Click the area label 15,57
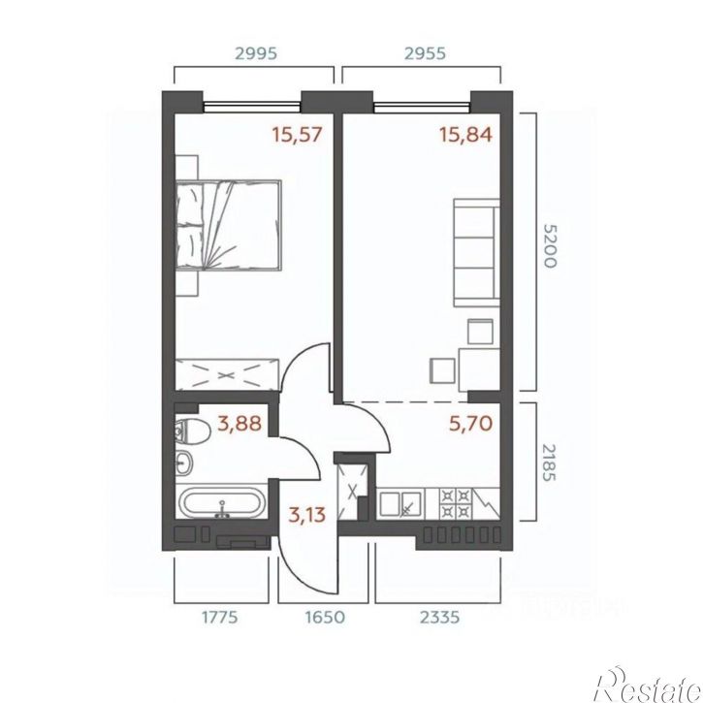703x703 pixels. pyautogui.click(x=298, y=135)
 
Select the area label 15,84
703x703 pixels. pyautogui.click(x=465, y=135)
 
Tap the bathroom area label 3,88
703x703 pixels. pyautogui.click(x=240, y=423)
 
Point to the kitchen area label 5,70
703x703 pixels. pyautogui.click(x=470, y=423)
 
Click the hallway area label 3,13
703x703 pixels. pyautogui.click(x=307, y=515)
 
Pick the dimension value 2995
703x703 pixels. pyautogui.click(x=256, y=53)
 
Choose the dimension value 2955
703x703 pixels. pyautogui.click(x=425, y=53)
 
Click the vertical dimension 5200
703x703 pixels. pyautogui.click(x=550, y=245)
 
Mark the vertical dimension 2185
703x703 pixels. pyautogui.click(x=550, y=463)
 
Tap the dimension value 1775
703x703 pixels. pyautogui.click(x=220, y=618)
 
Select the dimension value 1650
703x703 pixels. pyautogui.click(x=325, y=618)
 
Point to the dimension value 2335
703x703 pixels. pyautogui.click(x=440, y=618)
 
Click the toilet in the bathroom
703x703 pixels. pyautogui.click(x=192, y=431)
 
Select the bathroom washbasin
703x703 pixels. pyautogui.click(x=184, y=463)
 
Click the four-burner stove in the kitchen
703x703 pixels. pyautogui.click(x=455, y=502)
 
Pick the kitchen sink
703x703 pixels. pyautogui.click(x=400, y=503)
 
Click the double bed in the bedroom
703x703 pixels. pyautogui.click(x=229, y=225)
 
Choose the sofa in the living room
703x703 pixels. pyautogui.click(x=477, y=252)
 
